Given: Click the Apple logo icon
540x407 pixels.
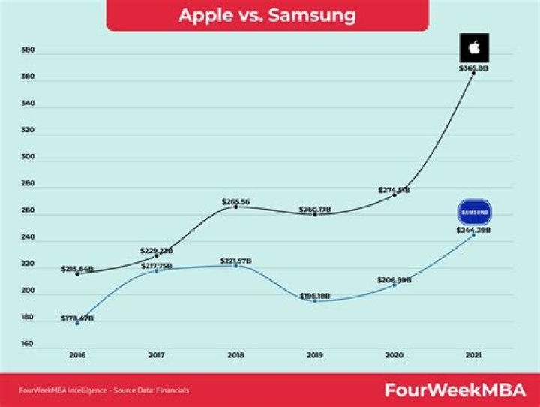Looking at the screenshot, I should pyautogui.click(x=473, y=48).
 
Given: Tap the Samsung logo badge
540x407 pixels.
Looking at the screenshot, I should pyautogui.click(x=473, y=212).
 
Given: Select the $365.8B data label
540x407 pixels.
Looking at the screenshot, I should pyautogui.click(x=473, y=68).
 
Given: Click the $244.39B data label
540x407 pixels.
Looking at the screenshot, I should pyautogui.click(x=473, y=229).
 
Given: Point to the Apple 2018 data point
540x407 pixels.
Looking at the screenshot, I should pyautogui.click(x=235, y=207).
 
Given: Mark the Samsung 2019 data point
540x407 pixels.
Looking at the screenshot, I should pyautogui.click(x=315, y=301).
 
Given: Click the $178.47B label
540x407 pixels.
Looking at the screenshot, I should pyautogui.click(x=77, y=318).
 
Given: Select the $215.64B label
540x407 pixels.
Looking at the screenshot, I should pyautogui.click(x=77, y=268).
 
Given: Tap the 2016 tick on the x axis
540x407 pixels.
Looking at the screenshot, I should pyautogui.click(x=77, y=354).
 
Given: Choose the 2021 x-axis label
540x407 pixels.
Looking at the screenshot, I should pyautogui.click(x=473, y=354).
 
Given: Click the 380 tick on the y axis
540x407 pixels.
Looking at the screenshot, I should pyautogui.click(x=28, y=50).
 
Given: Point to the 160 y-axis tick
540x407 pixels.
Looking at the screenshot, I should pyautogui.click(x=28, y=344).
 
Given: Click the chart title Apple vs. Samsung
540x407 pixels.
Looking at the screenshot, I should pyautogui.click(x=267, y=15).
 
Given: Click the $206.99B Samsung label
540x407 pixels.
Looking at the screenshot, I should pyautogui.click(x=394, y=279).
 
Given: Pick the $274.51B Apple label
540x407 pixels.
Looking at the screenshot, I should pyautogui.click(x=394, y=190).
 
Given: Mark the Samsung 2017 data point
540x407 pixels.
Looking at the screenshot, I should pyautogui.click(x=156, y=270).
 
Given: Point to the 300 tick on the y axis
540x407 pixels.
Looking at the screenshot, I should pyautogui.click(x=28, y=161).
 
